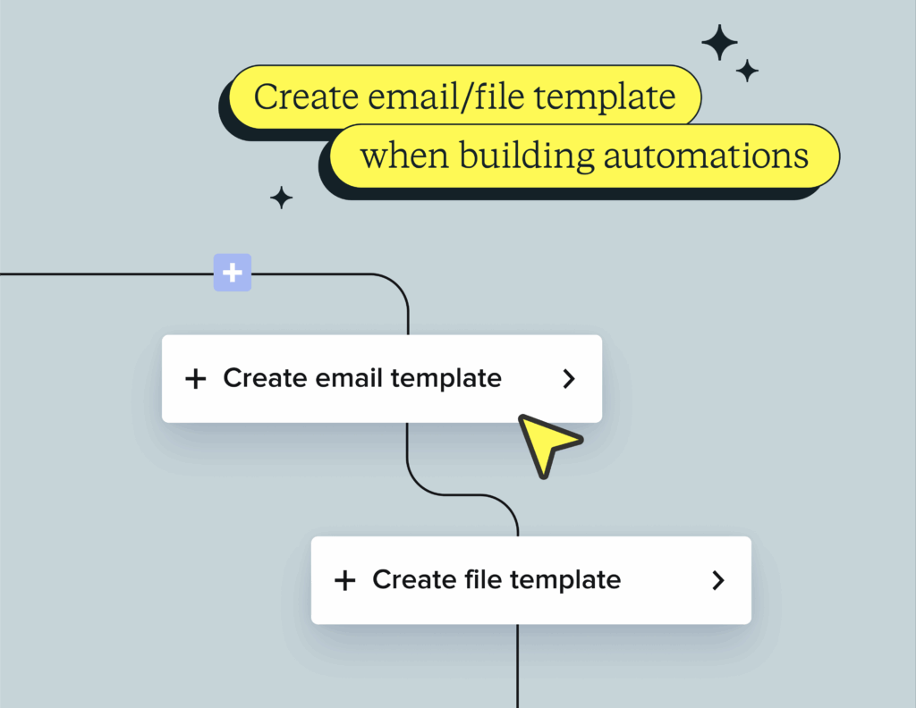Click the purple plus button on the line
point(233,273)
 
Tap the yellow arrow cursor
point(546,443)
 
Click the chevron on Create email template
point(569,379)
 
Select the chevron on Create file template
point(718,580)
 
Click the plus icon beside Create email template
point(196,379)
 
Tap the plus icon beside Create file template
point(344,581)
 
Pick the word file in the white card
point(483,579)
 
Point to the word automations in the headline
point(706,156)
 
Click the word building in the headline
point(527,156)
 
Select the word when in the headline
point(404,156)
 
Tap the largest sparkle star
point(719,43)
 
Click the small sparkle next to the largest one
point(747,71)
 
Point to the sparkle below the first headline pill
point(282,198)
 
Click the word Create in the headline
point(307,97)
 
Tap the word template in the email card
point(446,379)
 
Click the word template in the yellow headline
point(606,97)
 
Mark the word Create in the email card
point(266,378)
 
